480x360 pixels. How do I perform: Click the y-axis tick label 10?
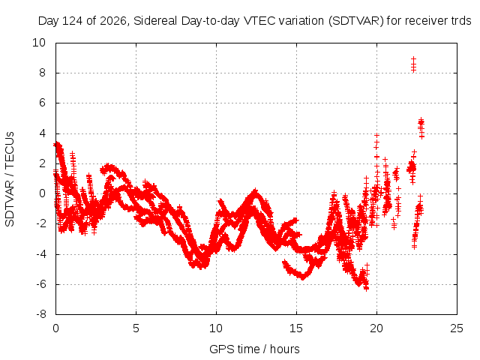pos(39,43)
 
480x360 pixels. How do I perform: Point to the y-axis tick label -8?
pos(40,314)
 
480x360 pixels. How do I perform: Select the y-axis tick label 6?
pos(42,103)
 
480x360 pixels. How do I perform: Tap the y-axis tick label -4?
pos(40,253)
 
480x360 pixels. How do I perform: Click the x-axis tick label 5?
pos(136,328)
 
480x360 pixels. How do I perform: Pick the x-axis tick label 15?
pos(296,328)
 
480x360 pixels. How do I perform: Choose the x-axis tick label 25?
pos(457,328)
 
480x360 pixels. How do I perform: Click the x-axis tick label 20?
pos(376,328)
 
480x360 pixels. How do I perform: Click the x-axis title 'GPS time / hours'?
pos(254,349)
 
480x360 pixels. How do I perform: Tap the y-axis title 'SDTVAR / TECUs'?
pos(10,179)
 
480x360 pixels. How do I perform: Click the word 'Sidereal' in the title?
pos(155,21)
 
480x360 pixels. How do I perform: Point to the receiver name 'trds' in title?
pos(461,21)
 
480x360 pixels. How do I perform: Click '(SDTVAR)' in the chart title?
pos(356,21)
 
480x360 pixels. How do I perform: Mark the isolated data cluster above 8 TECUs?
pos(413,64)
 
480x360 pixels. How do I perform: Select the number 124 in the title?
pos(73,21)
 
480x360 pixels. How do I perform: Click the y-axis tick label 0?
pos(42,193)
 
